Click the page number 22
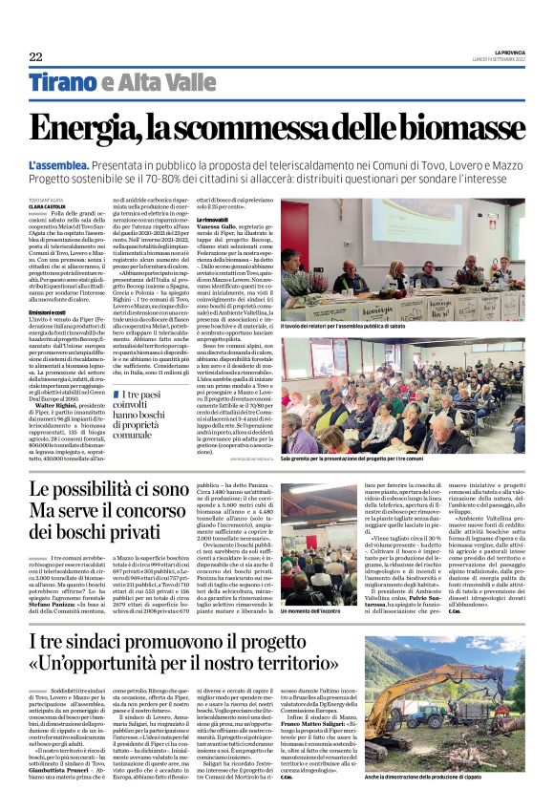(35, 56)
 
